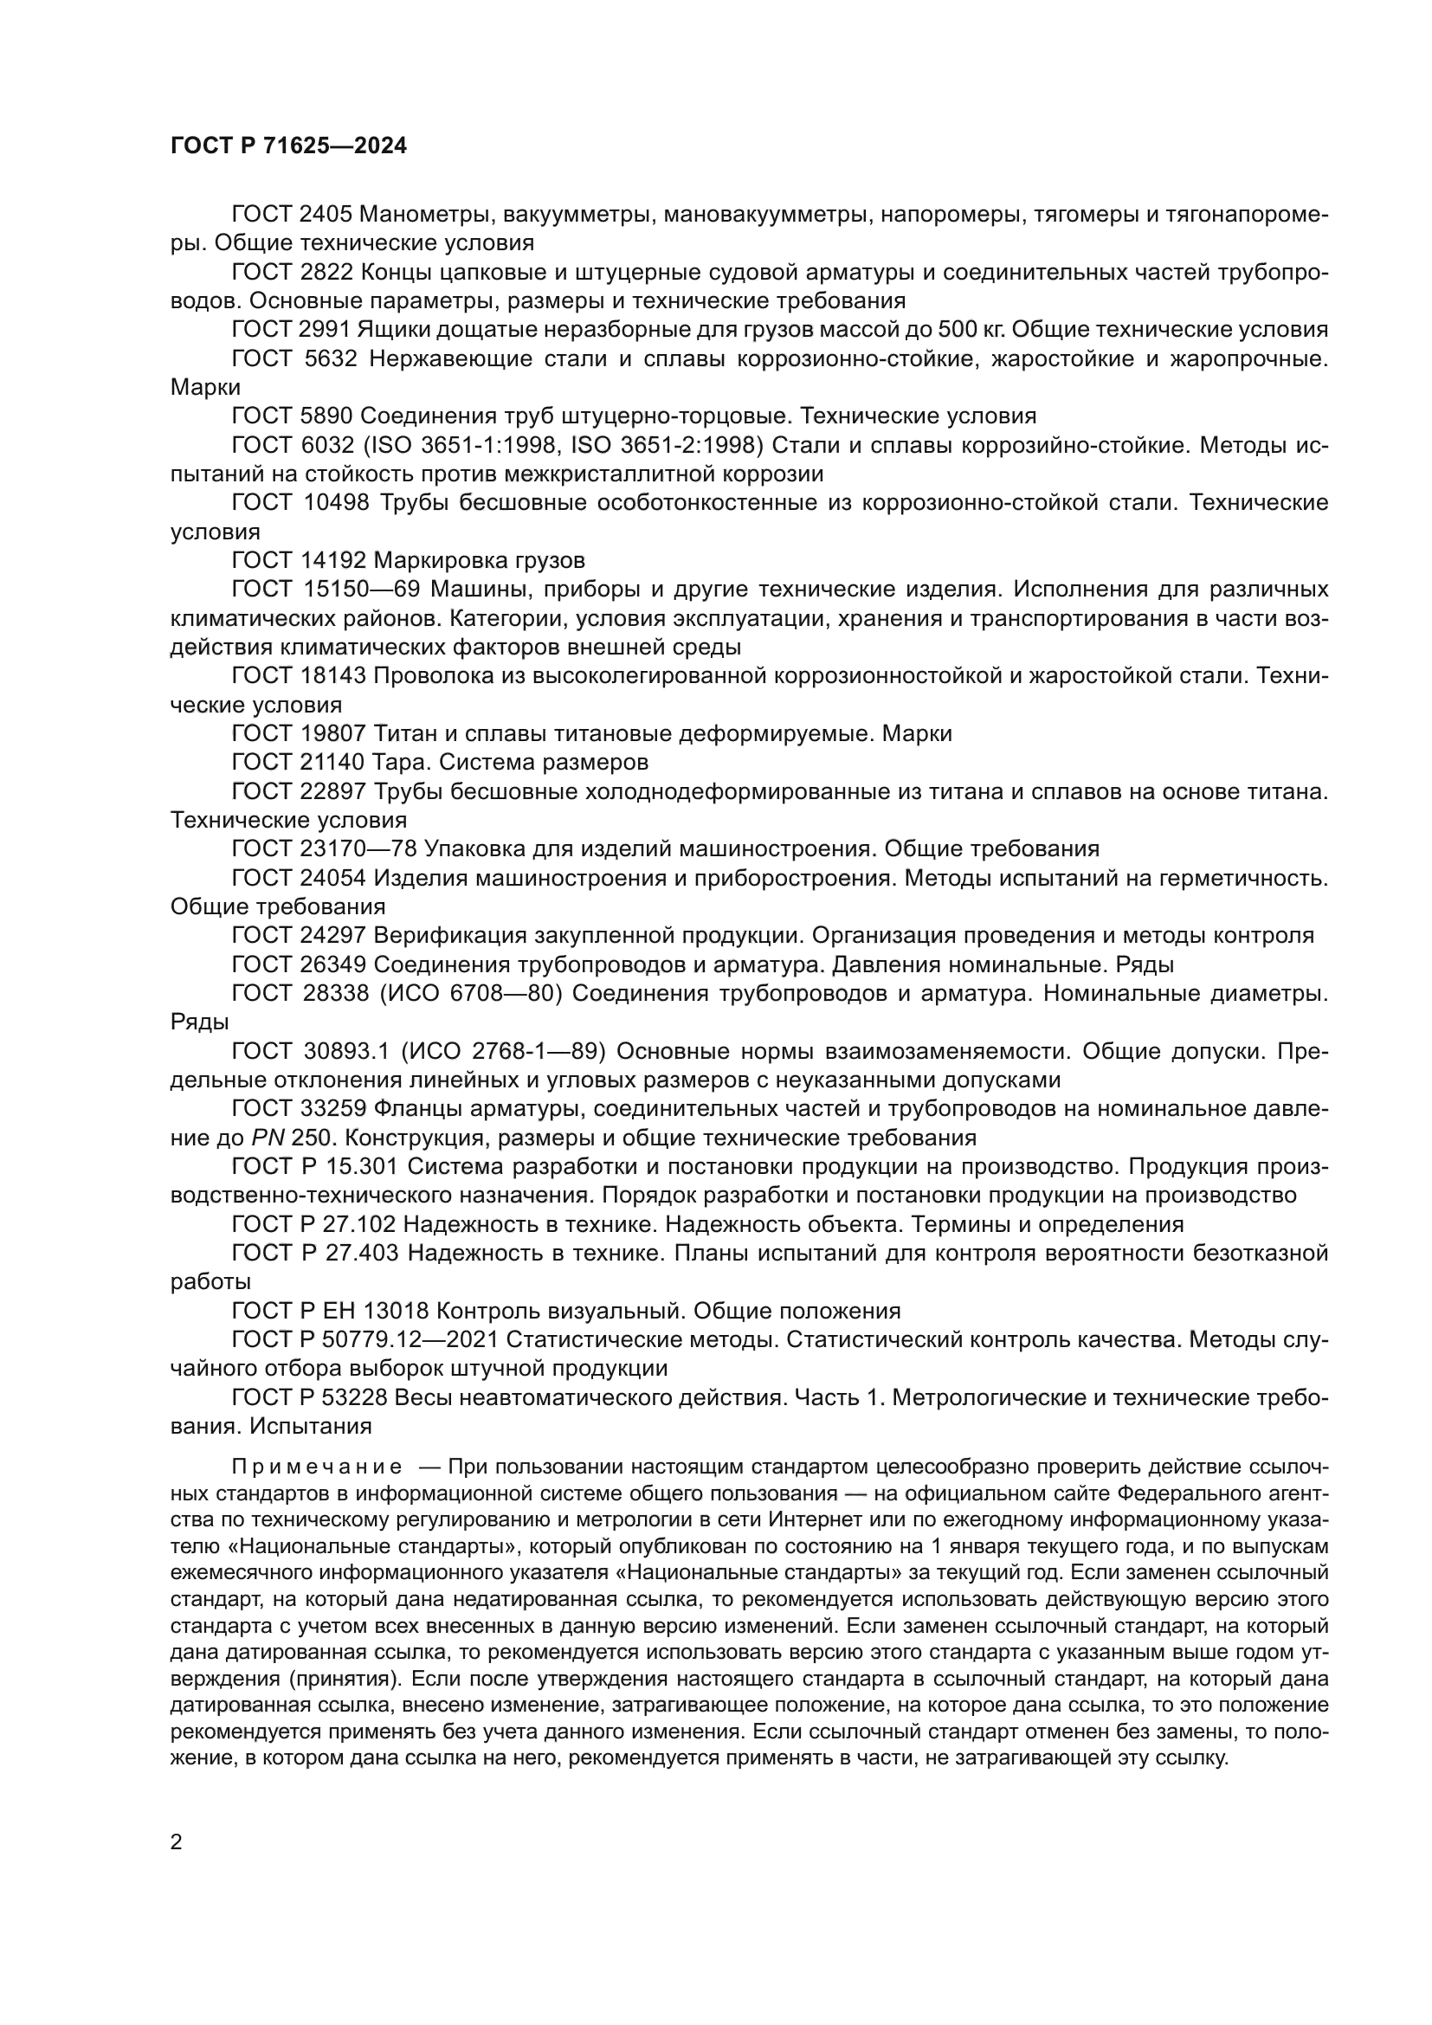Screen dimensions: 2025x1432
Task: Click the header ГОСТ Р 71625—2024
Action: pyautogui.click(x=288, y=146)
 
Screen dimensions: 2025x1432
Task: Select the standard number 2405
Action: pyautogui.click(x=326, y=215)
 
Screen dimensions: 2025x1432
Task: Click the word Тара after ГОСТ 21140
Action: pyautogui.click(x=403, y=762)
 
